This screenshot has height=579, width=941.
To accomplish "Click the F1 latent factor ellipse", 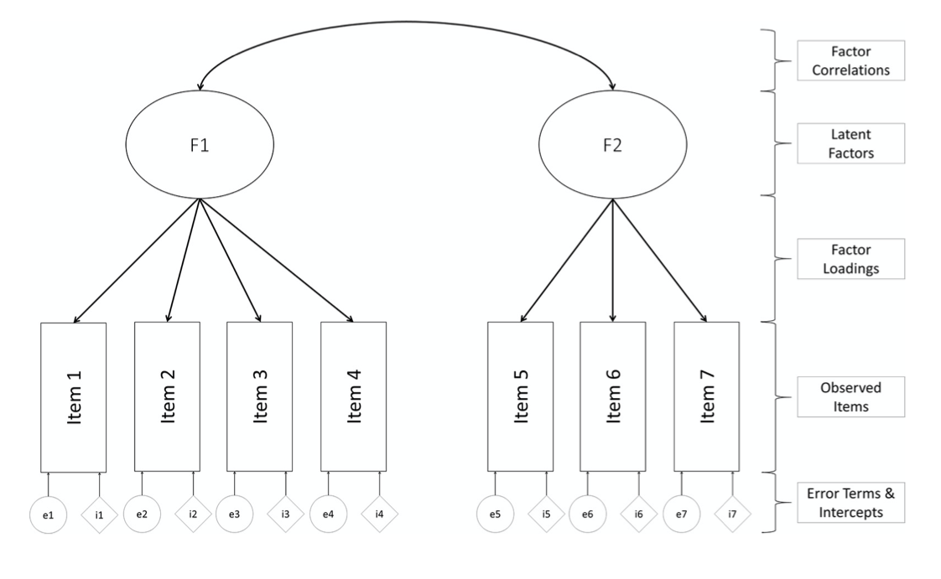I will (x=200, y=145).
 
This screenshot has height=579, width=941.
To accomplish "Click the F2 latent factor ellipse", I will (x=612, y=145).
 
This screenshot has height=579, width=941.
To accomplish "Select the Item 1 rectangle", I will (x=74, y=397).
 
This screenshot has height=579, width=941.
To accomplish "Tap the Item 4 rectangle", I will (x=353, y=397).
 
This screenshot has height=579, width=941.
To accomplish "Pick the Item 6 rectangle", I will (x=612, y=397).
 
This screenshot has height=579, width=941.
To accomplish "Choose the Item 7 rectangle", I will (x=706, y=397).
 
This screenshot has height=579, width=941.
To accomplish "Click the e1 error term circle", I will (x=48, y=514).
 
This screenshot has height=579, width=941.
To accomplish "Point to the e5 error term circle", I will (x=496, y=514).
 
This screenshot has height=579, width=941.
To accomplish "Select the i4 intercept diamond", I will (x=380, y=514).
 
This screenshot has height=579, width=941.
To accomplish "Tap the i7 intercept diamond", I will (x=732, y=514).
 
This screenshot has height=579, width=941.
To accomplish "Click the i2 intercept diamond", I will (x=193, y=514).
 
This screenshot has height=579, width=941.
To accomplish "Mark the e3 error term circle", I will (x=234, y=514).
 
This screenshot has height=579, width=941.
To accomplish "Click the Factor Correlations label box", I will (x=850, y=60).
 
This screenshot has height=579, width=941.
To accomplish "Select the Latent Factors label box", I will (x=850, y=143).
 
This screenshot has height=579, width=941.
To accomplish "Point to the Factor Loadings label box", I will (x=850, y=259).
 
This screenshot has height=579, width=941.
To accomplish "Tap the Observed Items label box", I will (x=850, y=396).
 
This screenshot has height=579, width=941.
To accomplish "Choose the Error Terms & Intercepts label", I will (x=850, y=503).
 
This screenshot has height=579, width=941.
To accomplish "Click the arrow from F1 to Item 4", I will (x=277, y=261).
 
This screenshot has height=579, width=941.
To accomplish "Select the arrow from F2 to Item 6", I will (x=612, y=261).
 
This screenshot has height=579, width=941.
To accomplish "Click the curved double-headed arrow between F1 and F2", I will (x=406, y=21).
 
